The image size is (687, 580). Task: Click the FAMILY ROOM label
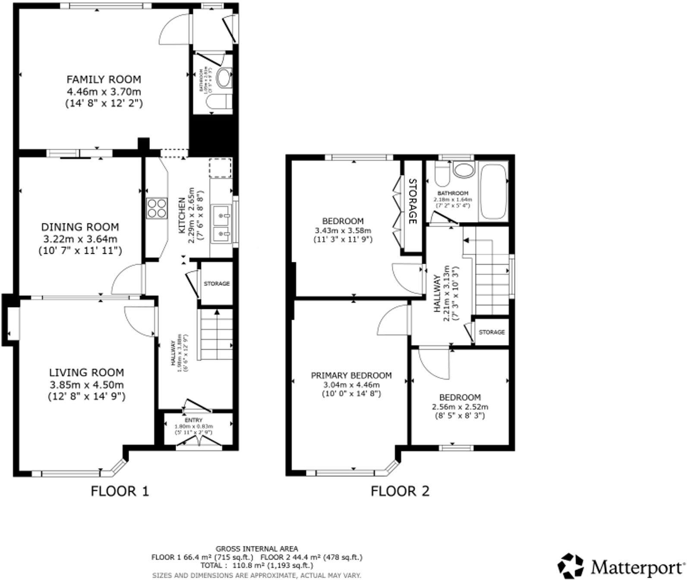click(x=104, y=79)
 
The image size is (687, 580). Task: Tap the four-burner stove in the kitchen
click(x=157, y=208)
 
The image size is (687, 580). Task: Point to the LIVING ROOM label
click(x=86, y=372)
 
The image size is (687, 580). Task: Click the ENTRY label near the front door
click(x=193, y=420)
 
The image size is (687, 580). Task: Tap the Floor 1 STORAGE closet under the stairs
click(x=217, y=284)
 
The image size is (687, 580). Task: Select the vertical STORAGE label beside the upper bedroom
click(x=413, y=201)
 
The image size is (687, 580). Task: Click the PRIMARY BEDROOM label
click(x=351, y=375)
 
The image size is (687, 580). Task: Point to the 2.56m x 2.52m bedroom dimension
click(x=460, y=407)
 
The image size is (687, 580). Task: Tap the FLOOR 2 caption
click(x=400, y=491)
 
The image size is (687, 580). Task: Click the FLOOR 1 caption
click(x=120, y=491)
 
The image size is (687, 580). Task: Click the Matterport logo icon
click(x=572, y=565)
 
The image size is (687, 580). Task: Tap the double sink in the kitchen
click(x=222, y=224)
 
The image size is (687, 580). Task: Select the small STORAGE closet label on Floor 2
click(x=492, y=332)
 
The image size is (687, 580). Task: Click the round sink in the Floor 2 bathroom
click(x=463, y=170)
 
